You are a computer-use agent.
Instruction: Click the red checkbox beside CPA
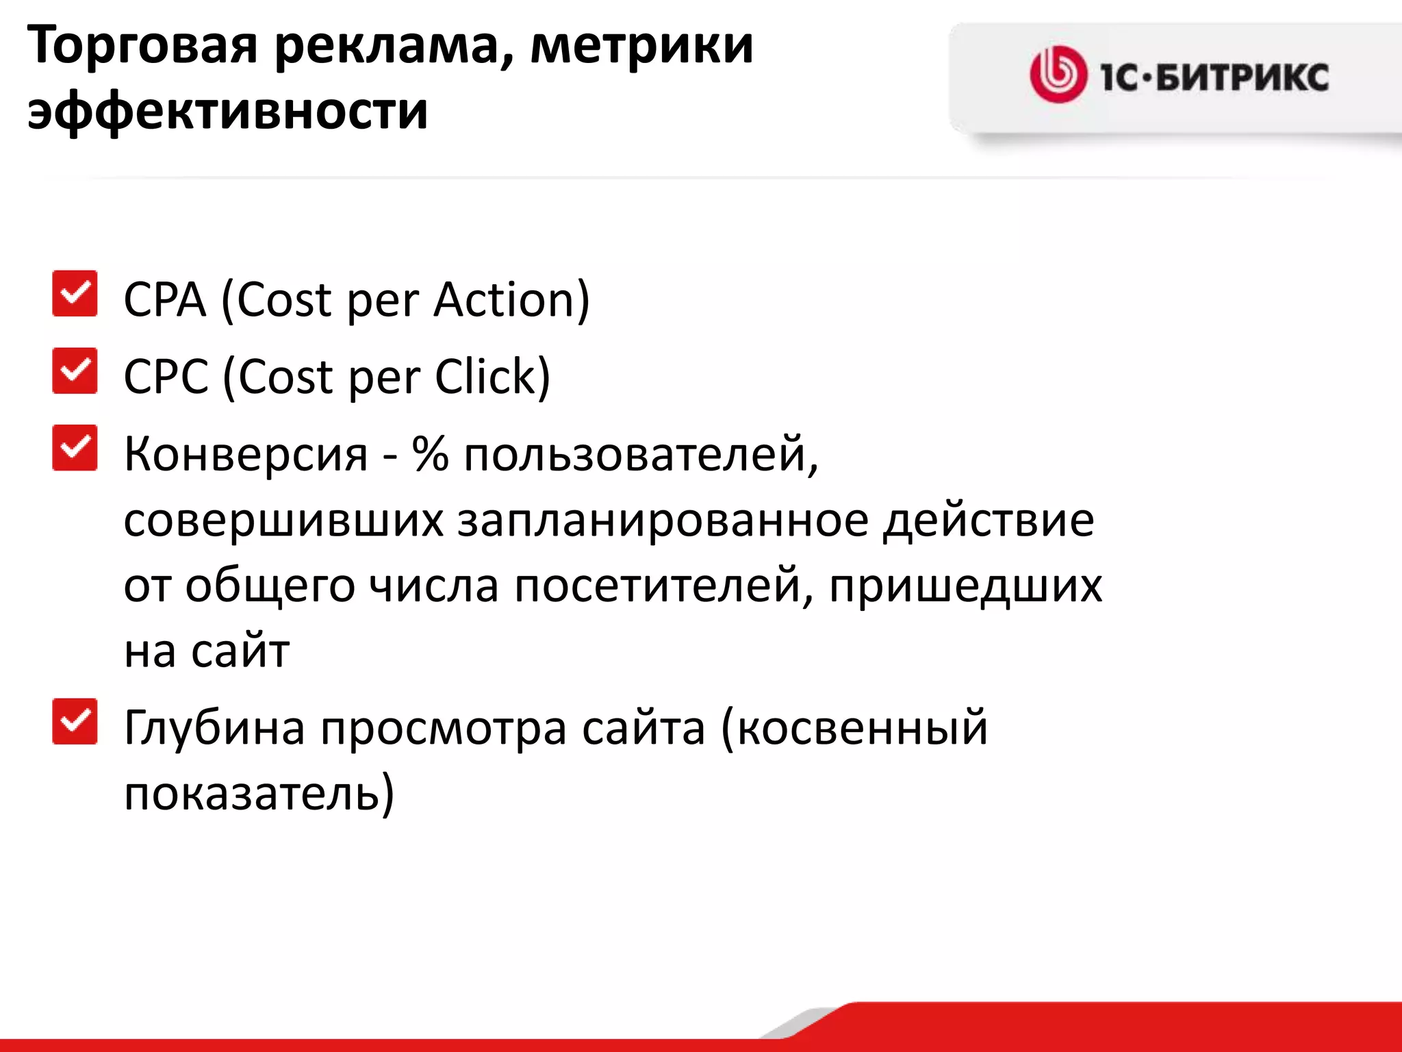75,294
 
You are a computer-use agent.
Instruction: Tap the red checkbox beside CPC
75,371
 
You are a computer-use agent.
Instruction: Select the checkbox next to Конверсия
75,448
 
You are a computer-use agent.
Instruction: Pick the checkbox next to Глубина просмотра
75,721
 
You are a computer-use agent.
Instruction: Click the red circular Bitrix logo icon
1058,75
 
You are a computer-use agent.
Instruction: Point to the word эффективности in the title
228,111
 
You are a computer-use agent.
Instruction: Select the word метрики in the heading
641,47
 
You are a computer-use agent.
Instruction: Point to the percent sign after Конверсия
430,453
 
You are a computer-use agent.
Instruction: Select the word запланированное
662,521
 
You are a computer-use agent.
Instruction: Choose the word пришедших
965,586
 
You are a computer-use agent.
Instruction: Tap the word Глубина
214,727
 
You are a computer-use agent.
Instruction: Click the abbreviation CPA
164,300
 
